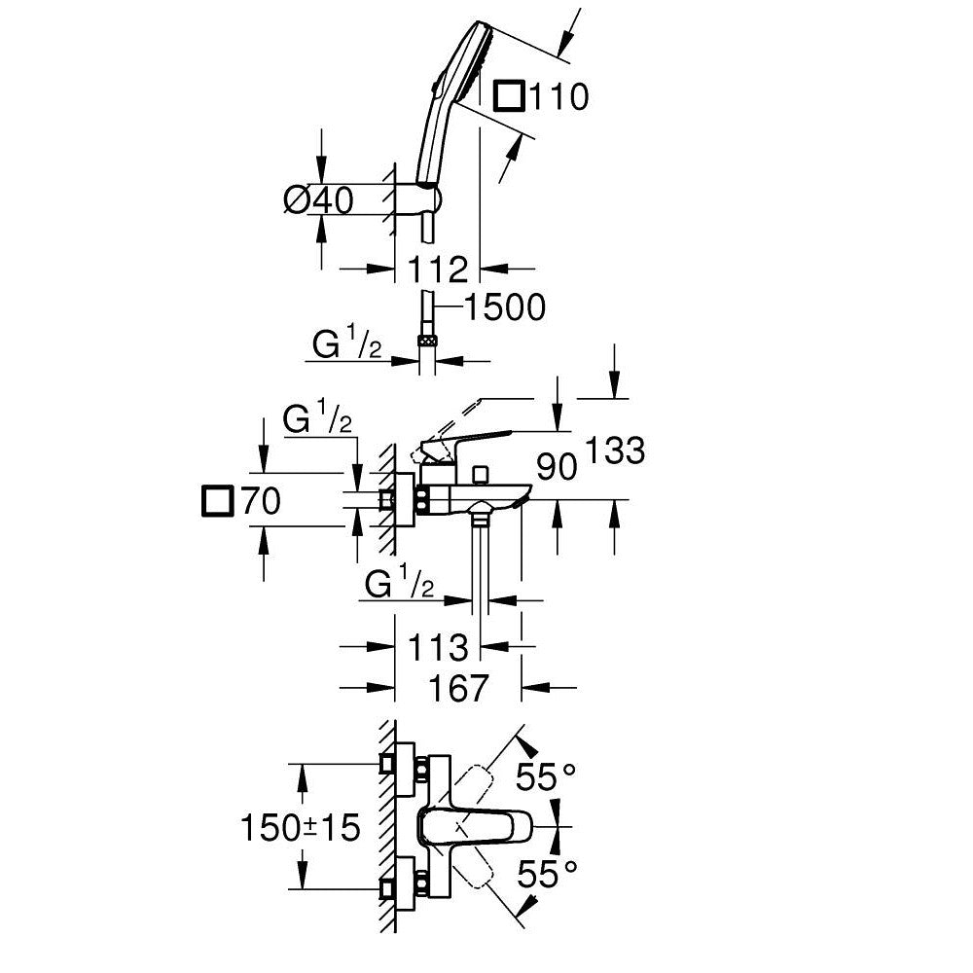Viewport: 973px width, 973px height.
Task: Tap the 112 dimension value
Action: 439,269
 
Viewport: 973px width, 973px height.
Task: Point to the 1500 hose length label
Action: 504,307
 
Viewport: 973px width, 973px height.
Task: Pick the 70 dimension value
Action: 261,502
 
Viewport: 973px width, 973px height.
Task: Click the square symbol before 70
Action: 218,502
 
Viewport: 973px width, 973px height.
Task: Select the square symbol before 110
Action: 512,96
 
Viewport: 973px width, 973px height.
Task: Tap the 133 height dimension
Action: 615,450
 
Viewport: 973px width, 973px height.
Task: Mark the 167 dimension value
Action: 457,688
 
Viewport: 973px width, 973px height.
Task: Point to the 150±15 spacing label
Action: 300,828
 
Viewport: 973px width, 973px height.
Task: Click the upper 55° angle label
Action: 546,777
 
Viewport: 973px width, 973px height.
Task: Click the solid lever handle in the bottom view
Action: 477,827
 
